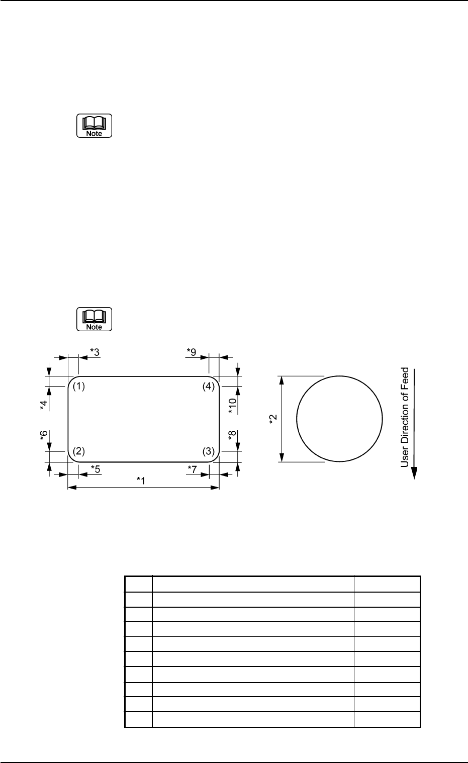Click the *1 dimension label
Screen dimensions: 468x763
[x=141, y=481]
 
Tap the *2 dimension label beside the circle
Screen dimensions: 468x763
[x=273, y=419]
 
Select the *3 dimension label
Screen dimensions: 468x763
[x=95, y=352]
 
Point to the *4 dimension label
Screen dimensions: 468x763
[x=44, y=405]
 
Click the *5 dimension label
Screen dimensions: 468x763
[x=96, y=469]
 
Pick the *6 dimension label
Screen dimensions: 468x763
[x=44, y=435]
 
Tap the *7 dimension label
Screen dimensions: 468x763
[x=192, y=469]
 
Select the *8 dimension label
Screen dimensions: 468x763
[x=232, y=435]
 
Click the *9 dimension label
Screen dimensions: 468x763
[x=192, y=352]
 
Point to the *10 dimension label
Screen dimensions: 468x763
[x=232, y=406]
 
